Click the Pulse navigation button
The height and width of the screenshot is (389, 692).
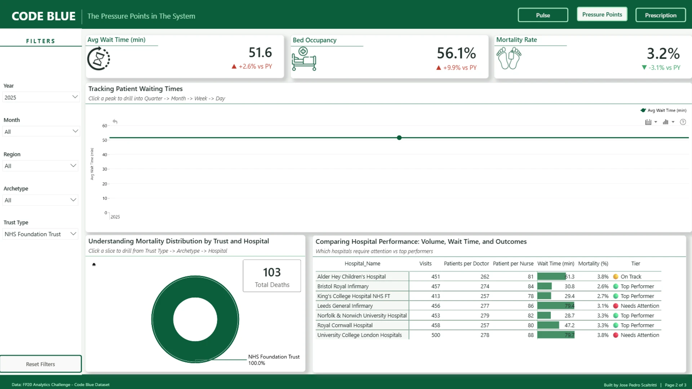(x=543, y=15)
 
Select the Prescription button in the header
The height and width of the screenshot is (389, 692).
(x=661, y=15)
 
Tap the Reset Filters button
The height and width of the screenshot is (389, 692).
(x=41, y=364)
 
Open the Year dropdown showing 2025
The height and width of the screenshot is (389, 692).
(x=41, y=97)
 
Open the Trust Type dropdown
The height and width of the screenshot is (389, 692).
(x=41, y=234)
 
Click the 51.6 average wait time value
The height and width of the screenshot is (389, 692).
(x=260, y=53)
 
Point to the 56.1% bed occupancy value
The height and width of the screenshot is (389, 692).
(x=456, y=53)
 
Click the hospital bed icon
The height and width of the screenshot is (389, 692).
(x=304, y=59)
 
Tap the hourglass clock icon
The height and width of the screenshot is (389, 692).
(x=98, y=59)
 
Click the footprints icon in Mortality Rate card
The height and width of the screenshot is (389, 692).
(x=509, y=58)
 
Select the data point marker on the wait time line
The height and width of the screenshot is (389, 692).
(x=399, y=138)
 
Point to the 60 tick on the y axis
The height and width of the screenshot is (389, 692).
(x=105, y=126)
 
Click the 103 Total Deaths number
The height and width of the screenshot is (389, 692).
(x=272, y=272)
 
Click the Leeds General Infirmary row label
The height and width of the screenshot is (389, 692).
(x=345, y=306)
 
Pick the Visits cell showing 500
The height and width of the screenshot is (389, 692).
(x=436, y=335)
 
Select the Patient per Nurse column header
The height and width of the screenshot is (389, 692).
(x=513, y=264)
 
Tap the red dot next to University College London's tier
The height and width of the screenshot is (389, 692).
(x=616, y=335)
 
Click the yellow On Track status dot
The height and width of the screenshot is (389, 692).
(x=616, y=277)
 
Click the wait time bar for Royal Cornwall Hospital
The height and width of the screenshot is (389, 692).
(x=548, y=325)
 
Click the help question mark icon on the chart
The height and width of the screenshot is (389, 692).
(x=683, y=122)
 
